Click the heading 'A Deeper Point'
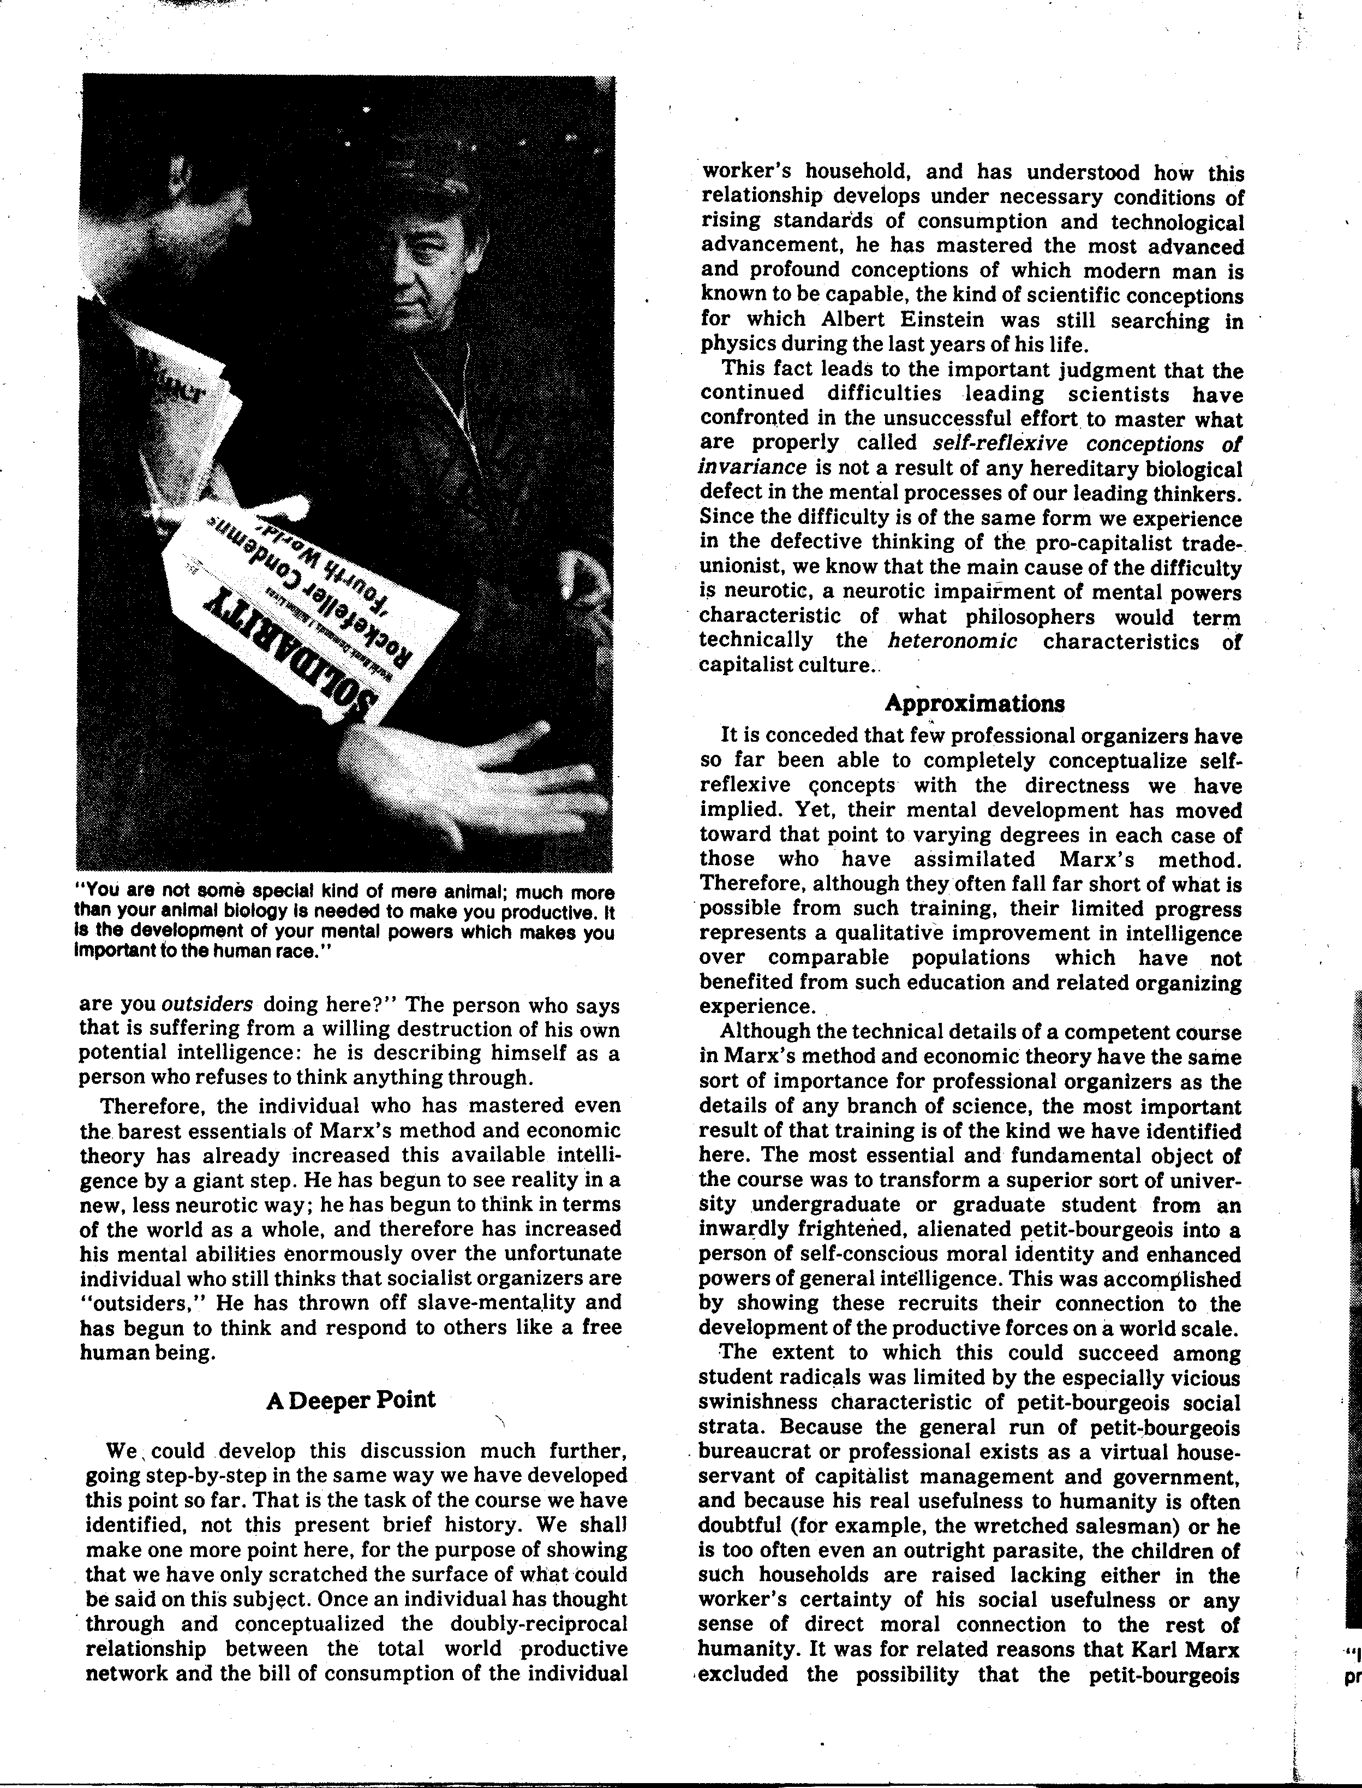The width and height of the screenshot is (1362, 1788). pyautogui.click(x=350, y=1399)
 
